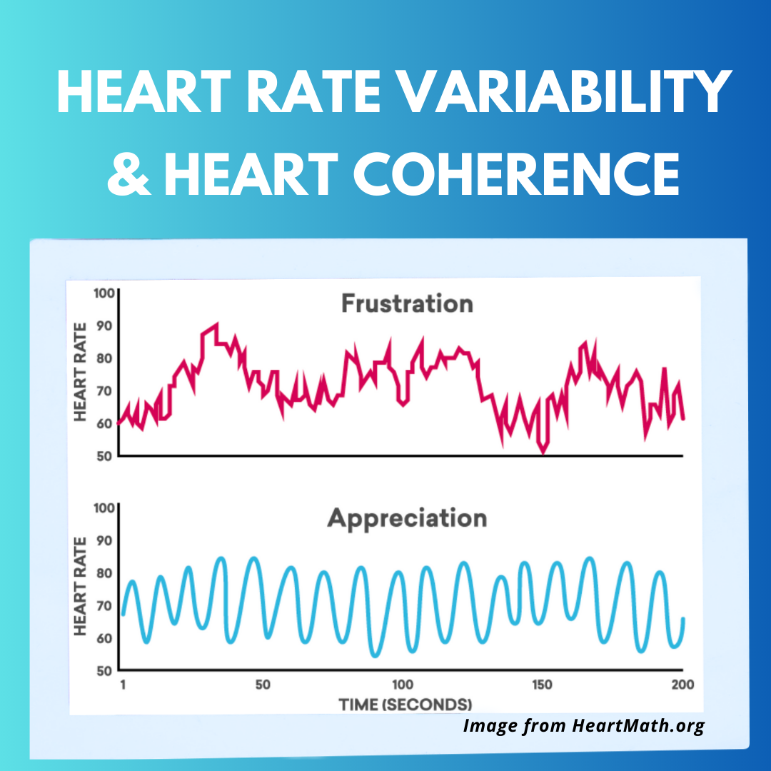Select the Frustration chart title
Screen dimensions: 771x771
click(x=406, y=303)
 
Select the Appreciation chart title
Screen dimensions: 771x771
click(x=406, y=518)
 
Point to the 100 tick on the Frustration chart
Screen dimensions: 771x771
click(x=104, y=293)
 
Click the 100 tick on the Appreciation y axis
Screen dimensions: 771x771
click(x=104, y=508)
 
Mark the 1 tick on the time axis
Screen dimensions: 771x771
click(x=124, y=684)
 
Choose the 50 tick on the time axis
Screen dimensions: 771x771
click(x=263, y=684)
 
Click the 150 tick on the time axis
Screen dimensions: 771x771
click(x=542, y=684)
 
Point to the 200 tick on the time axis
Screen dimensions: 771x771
click(x=682, y=684)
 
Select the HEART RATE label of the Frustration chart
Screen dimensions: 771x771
click(x=80, y=371)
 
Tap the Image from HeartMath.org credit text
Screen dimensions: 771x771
click(x=583, y=726)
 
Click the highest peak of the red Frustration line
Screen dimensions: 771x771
click(x=216, y=325)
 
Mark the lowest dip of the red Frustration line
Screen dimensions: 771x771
click(x=543, y=451)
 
